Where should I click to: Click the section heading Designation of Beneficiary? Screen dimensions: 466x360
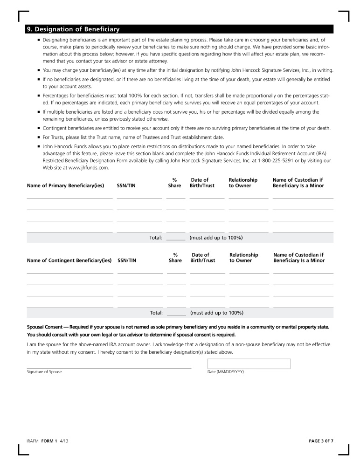click(x=73, y=29)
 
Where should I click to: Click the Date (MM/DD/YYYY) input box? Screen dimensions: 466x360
click(x=249, y=363)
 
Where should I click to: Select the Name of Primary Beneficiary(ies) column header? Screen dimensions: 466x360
click(x=65, y=186)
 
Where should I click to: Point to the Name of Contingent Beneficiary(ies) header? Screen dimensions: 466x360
click(x=69, y=260)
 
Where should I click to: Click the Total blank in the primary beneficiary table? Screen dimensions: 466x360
click(x=176, y=238)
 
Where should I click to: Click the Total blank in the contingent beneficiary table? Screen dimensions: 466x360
click(x=176, y=313)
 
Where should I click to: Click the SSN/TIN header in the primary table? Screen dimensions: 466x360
click(x=126, y=186)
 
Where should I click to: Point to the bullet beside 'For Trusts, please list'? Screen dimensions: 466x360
click(x=39, y=137)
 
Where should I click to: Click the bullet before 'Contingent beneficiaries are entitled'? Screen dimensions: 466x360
click(x=39, y=128)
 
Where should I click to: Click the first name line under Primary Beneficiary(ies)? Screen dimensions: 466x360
click(x=69, y=198)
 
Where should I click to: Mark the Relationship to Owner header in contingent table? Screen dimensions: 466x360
click(x=243, y=258)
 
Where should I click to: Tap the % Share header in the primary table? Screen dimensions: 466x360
click(x=174, y=183)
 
